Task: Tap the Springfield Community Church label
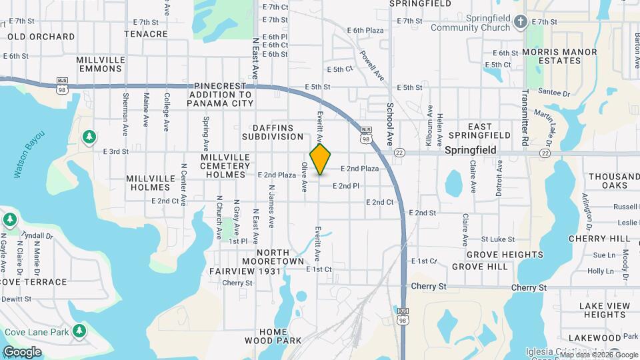click(x=475, y=23)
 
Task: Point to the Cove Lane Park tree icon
click(x=79, y=331)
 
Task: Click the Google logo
click(x=22, y=352)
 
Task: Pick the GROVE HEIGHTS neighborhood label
click(x=505, y=255)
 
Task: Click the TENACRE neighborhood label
click(x=145, y=33)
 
